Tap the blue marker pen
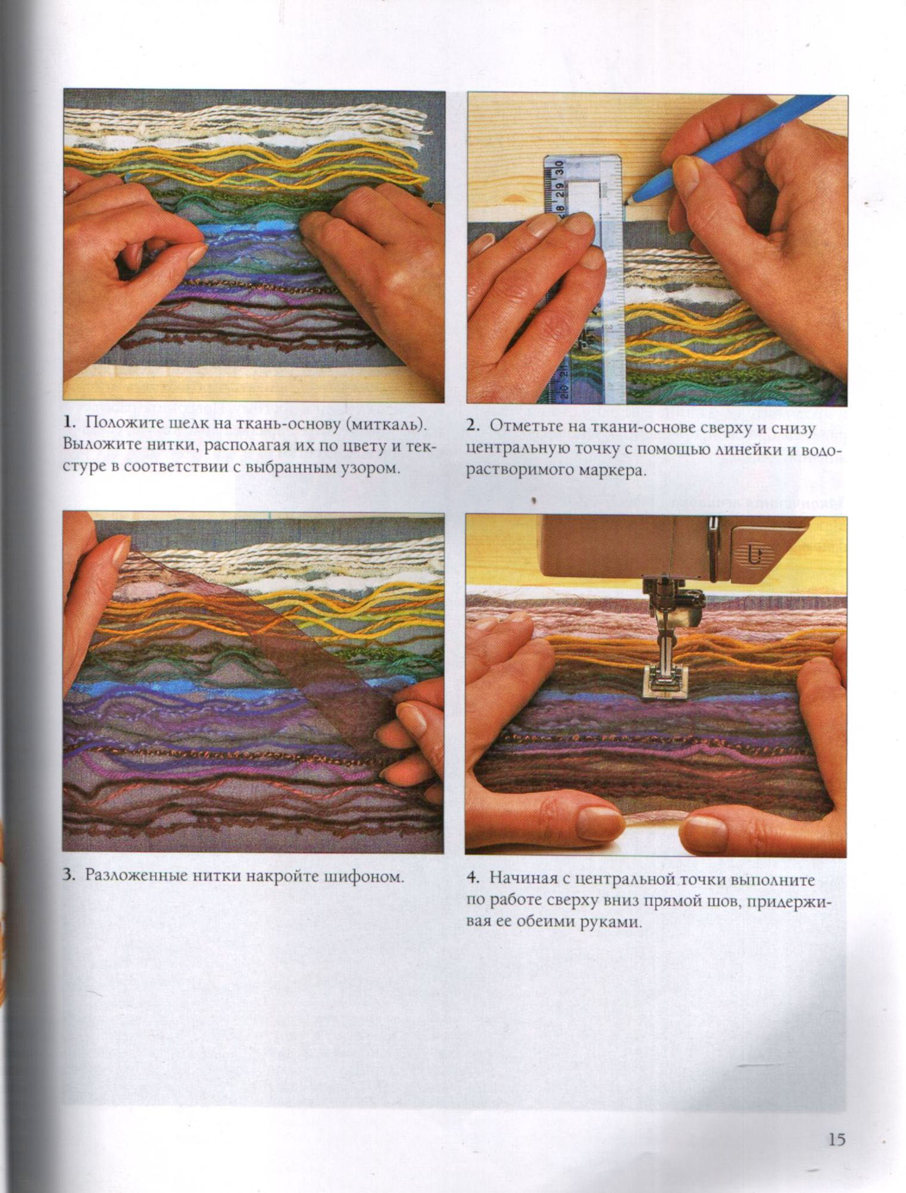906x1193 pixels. click(732, 149)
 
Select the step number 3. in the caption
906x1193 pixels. click(69, 876)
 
